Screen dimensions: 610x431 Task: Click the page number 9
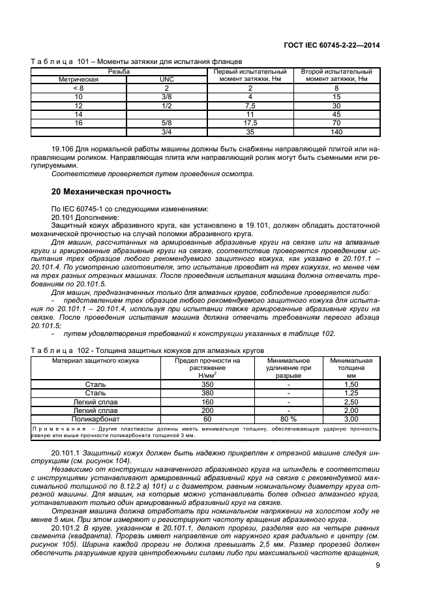pos(378,566)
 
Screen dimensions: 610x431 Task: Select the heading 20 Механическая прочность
pos(111,192)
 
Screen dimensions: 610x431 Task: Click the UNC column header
pos(166,79)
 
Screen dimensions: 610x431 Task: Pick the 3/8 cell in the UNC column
pos(166,96)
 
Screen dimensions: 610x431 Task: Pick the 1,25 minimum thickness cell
pos(351,393)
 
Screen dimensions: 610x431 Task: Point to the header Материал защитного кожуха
pos(95,360)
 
